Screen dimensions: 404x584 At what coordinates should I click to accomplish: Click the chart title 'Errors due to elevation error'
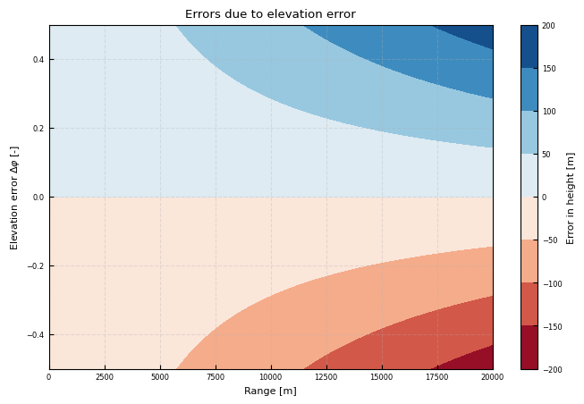point(270,14)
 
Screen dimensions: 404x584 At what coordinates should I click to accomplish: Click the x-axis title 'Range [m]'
point(270,391)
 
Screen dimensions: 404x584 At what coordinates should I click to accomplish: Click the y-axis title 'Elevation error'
point(14,198)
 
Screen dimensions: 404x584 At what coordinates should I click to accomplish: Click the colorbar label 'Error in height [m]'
point(571,198)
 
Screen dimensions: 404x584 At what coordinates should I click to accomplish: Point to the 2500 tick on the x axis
point(105,377)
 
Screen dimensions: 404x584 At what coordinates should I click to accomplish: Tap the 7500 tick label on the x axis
point(216,377)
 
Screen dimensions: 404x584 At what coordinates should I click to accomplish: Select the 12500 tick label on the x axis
point(326,377)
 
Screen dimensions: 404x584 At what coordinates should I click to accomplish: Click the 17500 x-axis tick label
point(437,377)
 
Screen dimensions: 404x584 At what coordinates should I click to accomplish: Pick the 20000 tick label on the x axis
point(493,377)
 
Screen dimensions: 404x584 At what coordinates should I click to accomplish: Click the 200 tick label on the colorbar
point(548,26)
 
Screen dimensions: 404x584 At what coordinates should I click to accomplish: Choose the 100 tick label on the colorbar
point(548,112)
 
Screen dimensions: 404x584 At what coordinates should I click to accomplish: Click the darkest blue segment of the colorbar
point(529,46)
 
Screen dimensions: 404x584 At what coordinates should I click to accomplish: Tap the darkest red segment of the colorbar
point(529,348)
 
